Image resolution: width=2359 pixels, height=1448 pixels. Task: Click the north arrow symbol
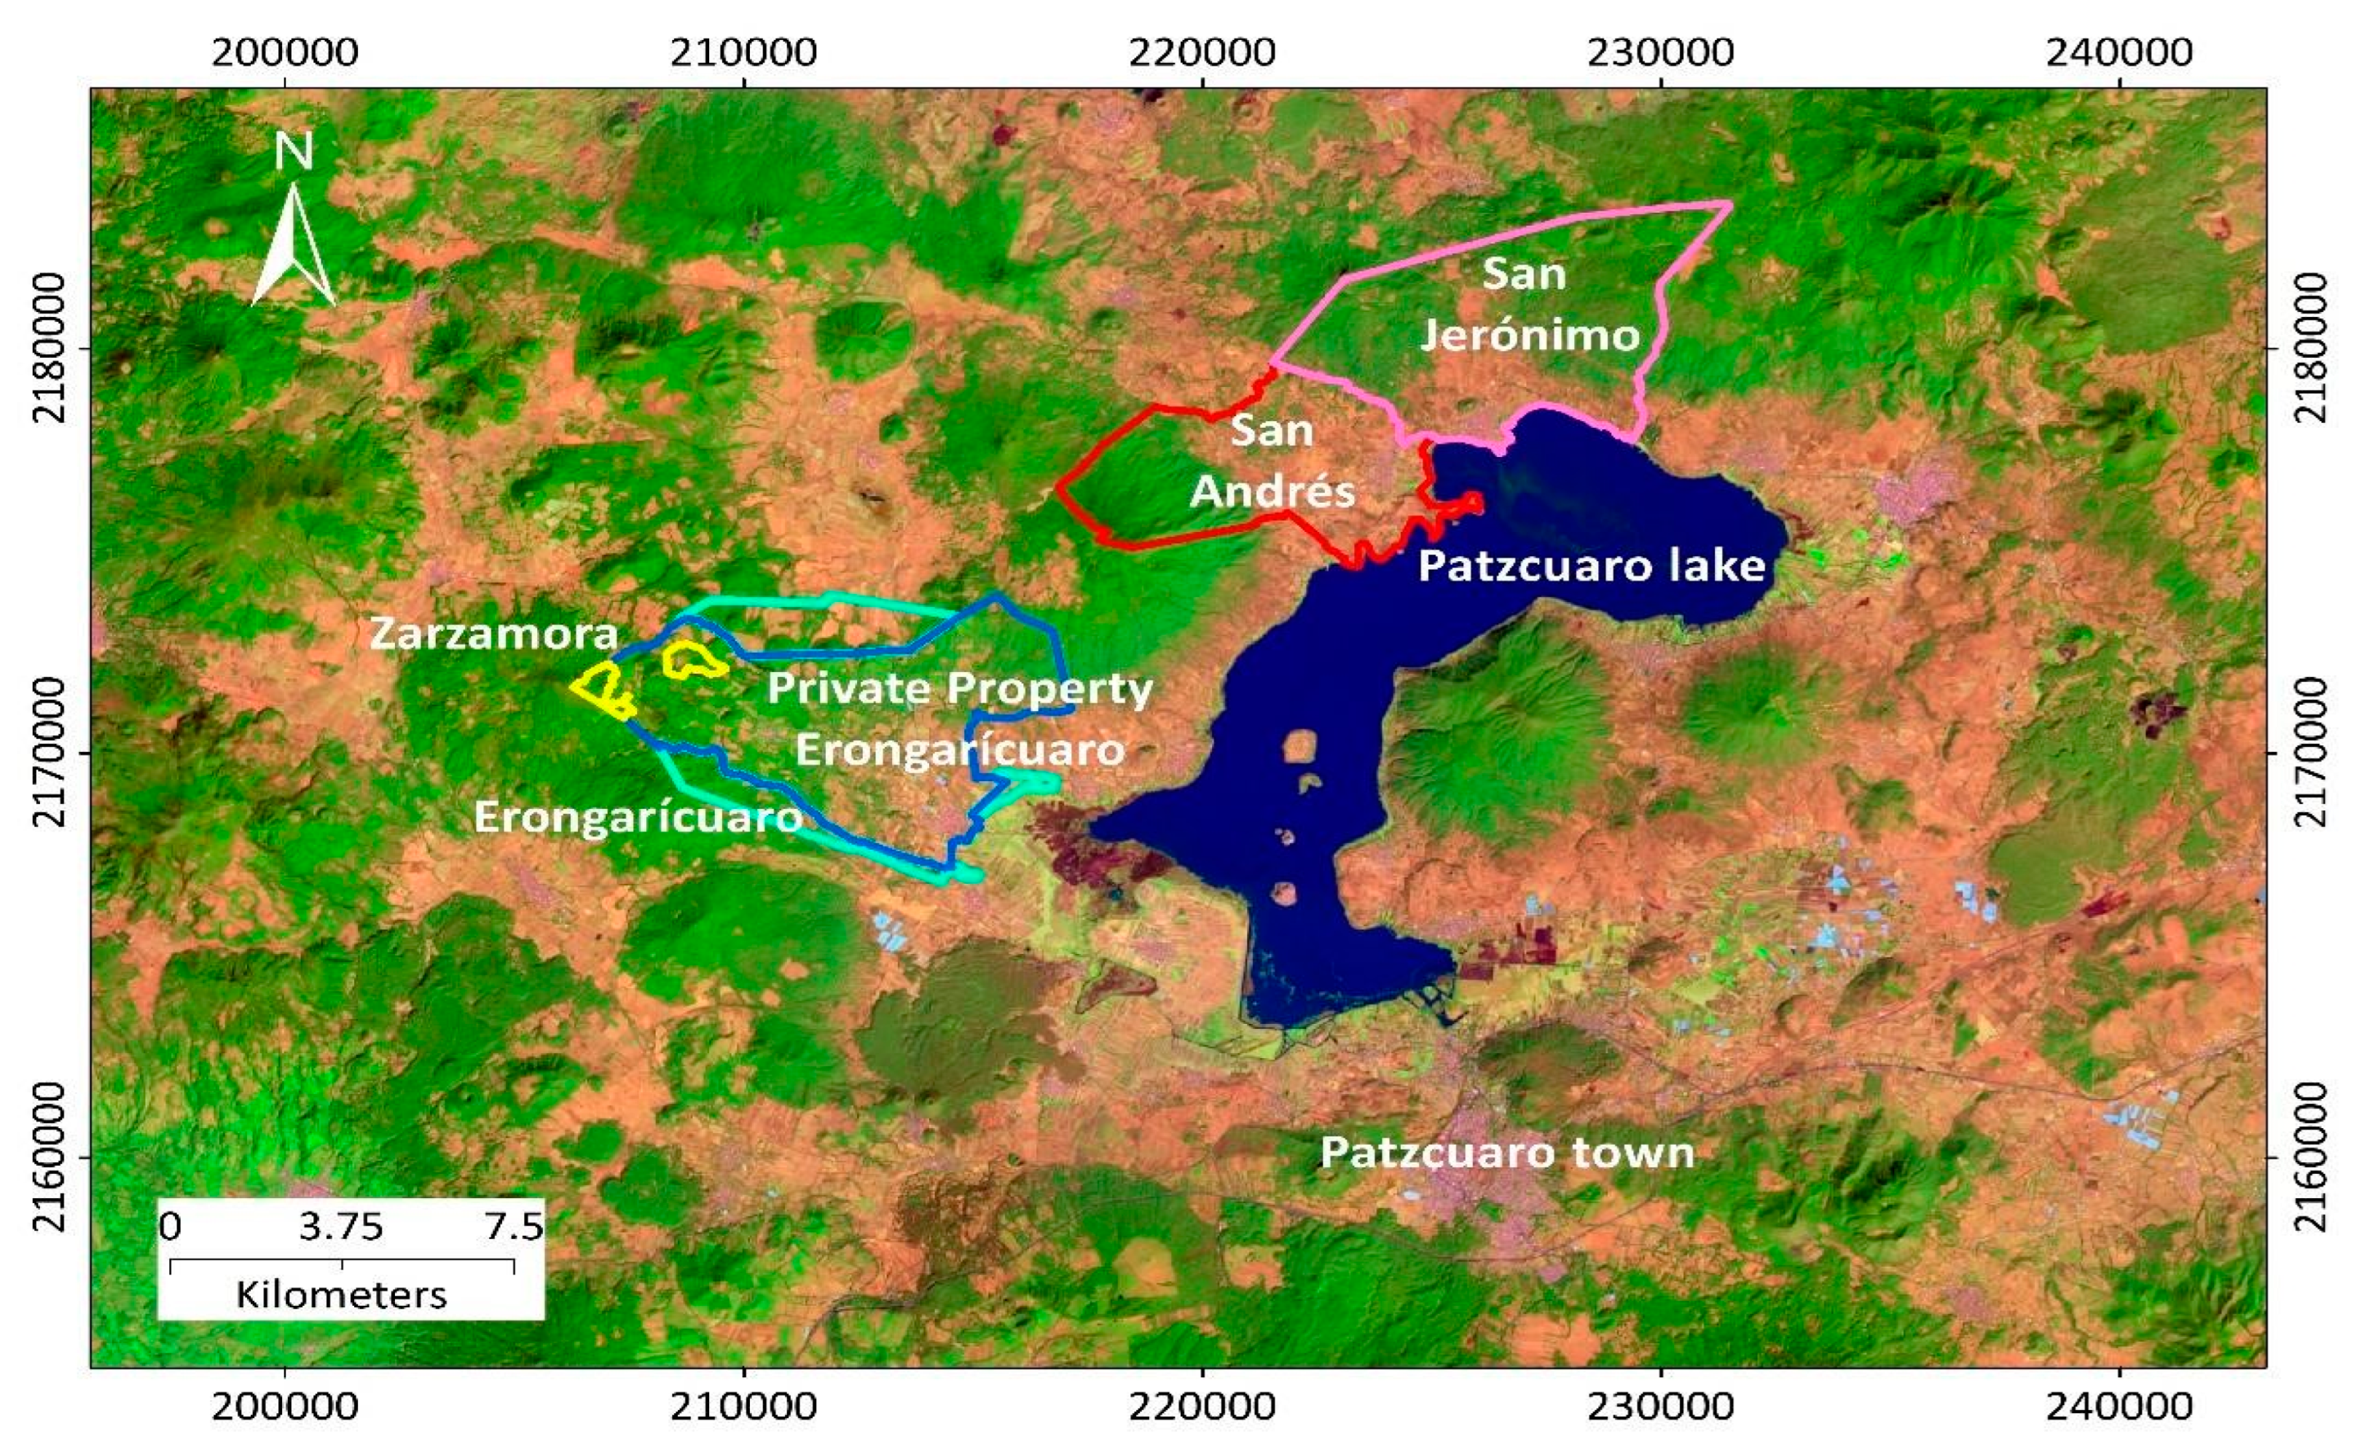[293, 247]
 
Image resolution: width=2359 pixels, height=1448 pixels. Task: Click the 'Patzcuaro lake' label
[1591, 566]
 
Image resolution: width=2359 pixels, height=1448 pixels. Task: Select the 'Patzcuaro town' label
[1506, 1152]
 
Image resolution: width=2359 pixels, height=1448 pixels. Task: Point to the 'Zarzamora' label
[494, 634]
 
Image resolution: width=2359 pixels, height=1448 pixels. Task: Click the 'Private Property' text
[960, 689]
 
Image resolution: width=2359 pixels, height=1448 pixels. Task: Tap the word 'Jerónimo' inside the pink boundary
[1530, 336]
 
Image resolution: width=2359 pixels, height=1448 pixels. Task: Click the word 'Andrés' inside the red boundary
[1273, 492]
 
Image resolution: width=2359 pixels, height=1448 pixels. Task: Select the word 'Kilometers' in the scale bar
[342, 1295]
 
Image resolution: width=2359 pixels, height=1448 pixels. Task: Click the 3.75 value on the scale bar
[341, 1226]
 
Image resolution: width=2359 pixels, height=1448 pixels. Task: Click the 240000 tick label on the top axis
[2119, 52]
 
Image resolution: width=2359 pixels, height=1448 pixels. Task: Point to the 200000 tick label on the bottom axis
[286, 1406]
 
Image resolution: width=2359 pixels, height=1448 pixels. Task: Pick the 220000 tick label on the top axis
[1201, 52]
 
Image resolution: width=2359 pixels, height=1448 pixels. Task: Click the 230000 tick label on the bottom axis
[1660, 1406]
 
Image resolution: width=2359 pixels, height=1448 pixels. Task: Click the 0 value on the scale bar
[170, 1226]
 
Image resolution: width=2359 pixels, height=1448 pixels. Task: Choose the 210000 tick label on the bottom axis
[743, 1406]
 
